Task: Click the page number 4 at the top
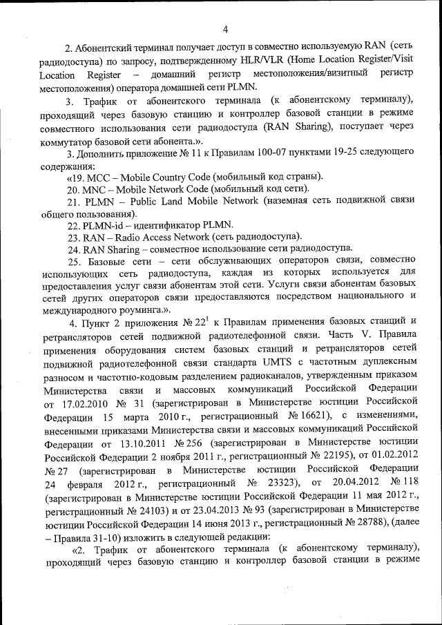click(225, 29)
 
